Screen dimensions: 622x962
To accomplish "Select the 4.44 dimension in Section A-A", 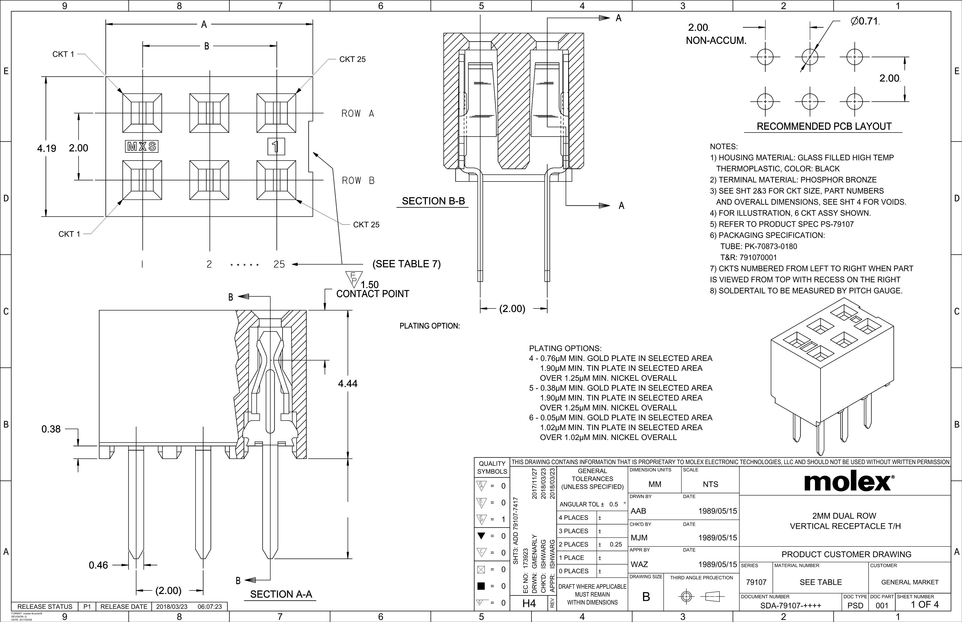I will pos(348,384).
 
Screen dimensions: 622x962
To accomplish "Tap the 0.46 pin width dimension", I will pos(98,565).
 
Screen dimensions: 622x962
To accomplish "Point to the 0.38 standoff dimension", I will pos(51,429).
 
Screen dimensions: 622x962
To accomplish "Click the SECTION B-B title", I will pos(433,201).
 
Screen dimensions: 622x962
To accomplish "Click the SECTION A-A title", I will pos(281,594).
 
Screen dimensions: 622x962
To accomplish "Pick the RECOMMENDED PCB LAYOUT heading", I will pos(824,126).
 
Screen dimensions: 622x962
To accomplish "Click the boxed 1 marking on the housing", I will pos(276,147).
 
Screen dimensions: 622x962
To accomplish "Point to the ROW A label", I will pos(358,114).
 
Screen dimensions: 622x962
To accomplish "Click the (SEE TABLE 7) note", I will pos(406,264).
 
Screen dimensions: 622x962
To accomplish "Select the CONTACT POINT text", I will pos(373,294).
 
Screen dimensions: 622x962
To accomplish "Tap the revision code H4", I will pos(529,603).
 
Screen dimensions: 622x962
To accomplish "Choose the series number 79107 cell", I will pos(756,582).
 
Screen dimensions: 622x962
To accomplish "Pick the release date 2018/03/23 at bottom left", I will pos(172,607).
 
